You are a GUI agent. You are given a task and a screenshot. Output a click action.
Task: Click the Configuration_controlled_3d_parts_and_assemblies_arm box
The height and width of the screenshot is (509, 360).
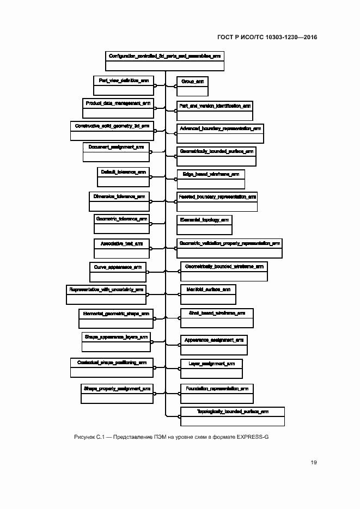click(164, 61)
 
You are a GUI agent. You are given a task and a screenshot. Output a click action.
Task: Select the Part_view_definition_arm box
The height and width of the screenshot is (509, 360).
click(124, 85)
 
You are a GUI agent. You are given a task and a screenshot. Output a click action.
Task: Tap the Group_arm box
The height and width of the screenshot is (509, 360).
click(192, 85)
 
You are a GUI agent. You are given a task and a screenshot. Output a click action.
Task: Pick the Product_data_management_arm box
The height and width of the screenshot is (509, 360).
click(118, 108)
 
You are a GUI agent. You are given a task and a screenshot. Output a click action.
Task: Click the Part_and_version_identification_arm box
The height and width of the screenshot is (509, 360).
click(214, 111)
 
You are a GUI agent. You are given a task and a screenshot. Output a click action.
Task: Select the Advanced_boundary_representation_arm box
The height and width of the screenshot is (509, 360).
click(219, 133)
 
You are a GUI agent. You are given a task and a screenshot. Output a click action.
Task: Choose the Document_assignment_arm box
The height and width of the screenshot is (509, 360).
click(116, 152)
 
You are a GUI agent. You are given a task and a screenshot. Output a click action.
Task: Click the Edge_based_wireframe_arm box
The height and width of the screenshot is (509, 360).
click(210, 179)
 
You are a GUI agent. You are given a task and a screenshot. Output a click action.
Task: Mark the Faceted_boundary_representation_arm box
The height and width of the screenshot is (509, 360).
click(217, 201)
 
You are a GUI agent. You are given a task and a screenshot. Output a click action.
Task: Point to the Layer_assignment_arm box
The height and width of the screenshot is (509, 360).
click(211, 368)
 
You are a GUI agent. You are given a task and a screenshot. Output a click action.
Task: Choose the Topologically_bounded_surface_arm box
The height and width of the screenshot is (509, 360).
click(233, 416)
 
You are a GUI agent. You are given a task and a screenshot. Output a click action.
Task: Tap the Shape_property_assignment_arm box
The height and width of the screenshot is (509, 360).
click(117, 394)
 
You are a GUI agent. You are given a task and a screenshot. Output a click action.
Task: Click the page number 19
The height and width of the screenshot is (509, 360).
click(314, 463)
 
